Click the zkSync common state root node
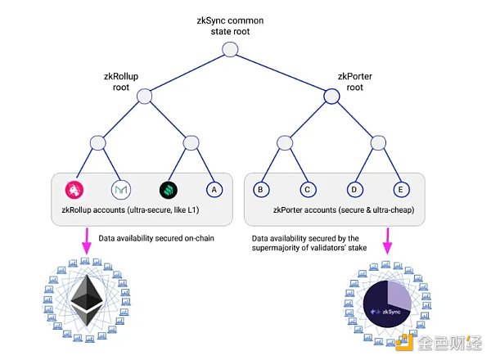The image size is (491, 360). [230, 50]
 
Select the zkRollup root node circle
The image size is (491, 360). [144, 97]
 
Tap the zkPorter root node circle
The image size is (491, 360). [331, 97]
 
